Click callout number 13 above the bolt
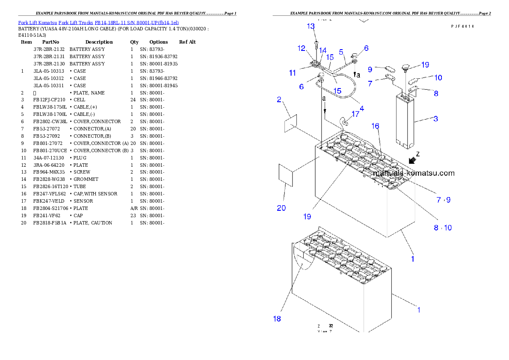click(311, 27)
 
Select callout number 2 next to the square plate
click(279, 100)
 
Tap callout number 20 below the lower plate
click(281, 208)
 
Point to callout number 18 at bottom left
click(277, 319)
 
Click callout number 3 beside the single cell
click(435, 119)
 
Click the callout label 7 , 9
click(443, 200)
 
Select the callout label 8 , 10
click(443, 228)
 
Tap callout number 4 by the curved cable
click(362, 109)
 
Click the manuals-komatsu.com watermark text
click(414, 173)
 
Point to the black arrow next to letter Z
click(413, 160)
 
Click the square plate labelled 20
click(286, 175)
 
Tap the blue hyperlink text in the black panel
click(98, 22)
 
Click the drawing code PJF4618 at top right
click(462, 26)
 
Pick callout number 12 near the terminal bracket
click(302, 48)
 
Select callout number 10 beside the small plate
click(438, 78)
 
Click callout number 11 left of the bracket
click(293, 73)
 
